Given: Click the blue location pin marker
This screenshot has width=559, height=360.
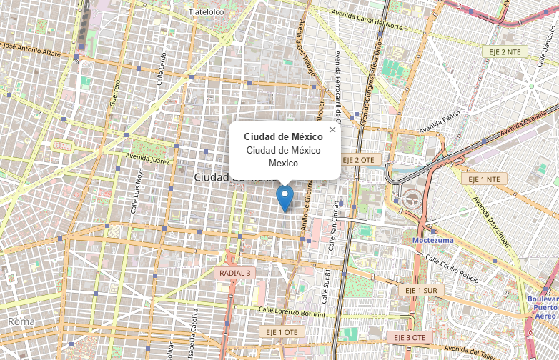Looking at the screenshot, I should click(x=285, y=197).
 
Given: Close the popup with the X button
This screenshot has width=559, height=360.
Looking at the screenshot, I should click(x=332, y=129).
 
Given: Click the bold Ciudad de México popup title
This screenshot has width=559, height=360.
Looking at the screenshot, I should click(x=283, y=136).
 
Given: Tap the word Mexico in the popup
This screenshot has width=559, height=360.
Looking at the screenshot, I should click(x=283, y=163).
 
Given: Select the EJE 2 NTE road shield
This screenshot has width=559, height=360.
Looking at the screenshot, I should click(x=504, y=52).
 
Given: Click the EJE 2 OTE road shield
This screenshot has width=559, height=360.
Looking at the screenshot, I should click(x=358, y=159).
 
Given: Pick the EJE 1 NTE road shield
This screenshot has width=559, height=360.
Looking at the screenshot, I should click(x=484, y=179).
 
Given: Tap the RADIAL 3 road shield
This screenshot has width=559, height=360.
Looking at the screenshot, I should click(x=234, y=273).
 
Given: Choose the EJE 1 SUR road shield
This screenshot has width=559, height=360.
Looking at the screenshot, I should click(x=421, y=291).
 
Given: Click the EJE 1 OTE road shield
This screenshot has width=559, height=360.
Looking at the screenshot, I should click(x=282, y=332).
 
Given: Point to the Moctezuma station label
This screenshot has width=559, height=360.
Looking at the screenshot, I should click(x=432, y=240).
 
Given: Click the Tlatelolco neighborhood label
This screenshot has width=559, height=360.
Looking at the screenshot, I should click(x=207, y=12).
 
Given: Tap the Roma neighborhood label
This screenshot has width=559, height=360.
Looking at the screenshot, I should click(x=21, y=321).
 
